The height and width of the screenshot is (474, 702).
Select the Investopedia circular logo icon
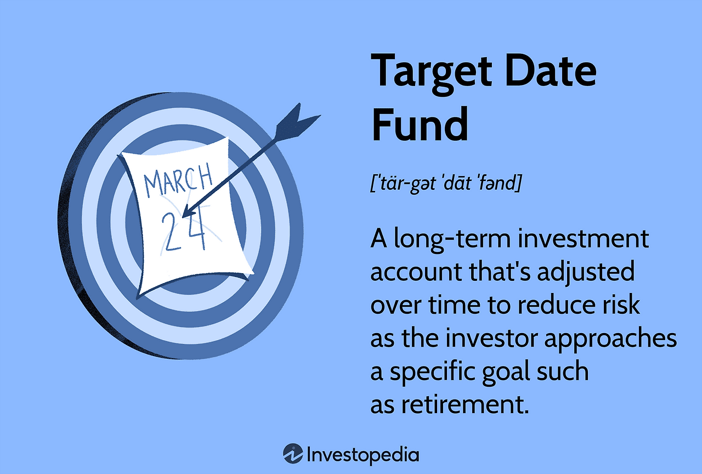(293, 454)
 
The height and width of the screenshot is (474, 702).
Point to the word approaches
(610, 340)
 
